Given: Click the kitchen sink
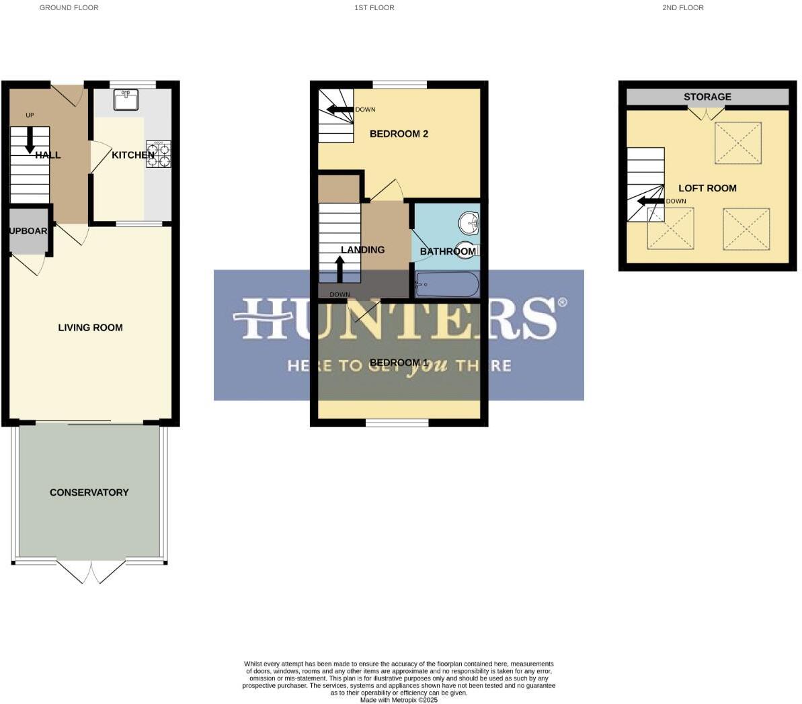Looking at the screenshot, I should coord(126,99).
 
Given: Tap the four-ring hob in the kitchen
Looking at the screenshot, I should coord(159,154).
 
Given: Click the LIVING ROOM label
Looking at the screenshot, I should coord(90,328).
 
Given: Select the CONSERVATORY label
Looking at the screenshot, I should coord(89,492).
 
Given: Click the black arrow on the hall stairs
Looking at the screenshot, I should coord(30,141).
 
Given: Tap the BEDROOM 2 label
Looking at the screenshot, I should coord(399,134).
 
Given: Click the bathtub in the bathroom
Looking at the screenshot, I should coord(447,284).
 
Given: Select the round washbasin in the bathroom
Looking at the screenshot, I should coord(469,221).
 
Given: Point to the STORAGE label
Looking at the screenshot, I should coord(707,97).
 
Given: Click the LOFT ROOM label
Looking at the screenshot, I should coord(707,188).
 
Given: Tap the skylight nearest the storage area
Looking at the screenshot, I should coord(738,142).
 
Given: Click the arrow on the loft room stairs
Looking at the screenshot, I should coord(649,201).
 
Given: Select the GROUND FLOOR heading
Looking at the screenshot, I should coord(69,8).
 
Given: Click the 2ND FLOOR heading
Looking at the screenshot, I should coord(682,8).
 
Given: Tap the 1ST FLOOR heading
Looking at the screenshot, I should coord(374,8).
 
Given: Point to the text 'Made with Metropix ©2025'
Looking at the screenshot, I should coord(399,699).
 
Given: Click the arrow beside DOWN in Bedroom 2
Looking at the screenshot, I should coord(339,109).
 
